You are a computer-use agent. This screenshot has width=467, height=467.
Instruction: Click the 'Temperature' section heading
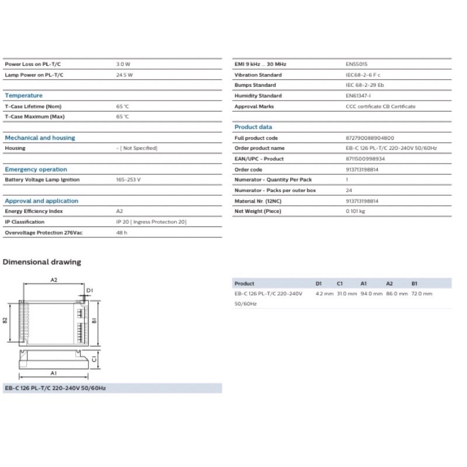coord(23,95)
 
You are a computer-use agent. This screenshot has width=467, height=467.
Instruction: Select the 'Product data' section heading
coord(253,127)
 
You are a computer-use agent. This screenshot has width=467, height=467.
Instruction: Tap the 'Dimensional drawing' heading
coord(42,262)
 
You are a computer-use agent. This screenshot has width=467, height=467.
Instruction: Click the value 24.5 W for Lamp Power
coord(124,75)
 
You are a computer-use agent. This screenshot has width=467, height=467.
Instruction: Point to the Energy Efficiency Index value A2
coord(120,211)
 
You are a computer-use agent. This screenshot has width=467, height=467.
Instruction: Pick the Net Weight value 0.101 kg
coord(356,211)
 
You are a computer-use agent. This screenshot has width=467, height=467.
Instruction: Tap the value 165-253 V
coord(129,180)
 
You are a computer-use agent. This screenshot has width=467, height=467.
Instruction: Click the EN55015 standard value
coord(356,64)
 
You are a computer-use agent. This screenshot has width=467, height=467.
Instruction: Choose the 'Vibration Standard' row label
coord(257,75)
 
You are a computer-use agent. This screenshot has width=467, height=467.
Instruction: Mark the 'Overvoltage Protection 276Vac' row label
coord(41,232)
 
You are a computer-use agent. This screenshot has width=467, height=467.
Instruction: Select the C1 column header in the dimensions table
coord(340,283)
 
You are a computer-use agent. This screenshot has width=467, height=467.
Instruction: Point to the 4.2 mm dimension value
coord(323,294)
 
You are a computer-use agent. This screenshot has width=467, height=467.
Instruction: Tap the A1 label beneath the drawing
coord(53,372)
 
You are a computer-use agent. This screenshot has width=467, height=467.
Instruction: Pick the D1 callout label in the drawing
coord(89,290)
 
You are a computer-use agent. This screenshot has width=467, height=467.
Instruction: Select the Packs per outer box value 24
coord(348,190)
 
